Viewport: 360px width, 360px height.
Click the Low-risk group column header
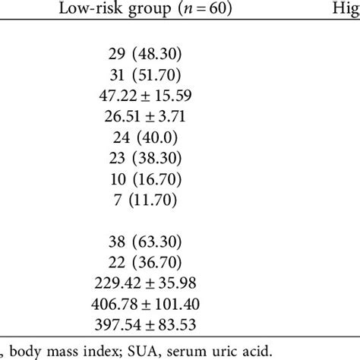[x=142, y=10]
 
